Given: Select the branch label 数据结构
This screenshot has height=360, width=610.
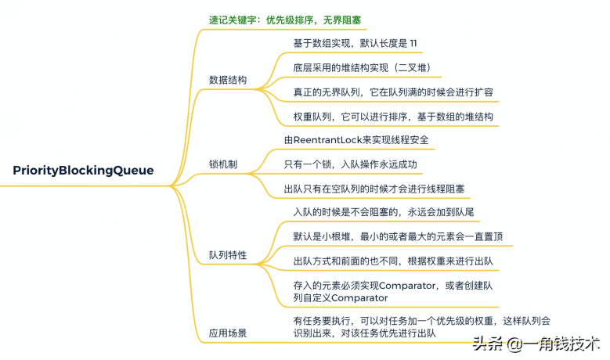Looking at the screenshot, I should [x=228, y=80].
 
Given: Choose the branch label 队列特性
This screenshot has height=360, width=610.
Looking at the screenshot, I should [x=228, y=255].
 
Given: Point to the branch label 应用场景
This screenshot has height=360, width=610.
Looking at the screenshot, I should [x=228, y=333].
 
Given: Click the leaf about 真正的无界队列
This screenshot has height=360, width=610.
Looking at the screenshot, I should [x=392, y=92].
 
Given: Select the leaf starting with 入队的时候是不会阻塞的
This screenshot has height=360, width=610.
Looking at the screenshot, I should [x=383, y=212].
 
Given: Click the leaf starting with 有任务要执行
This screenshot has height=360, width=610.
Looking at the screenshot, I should [x=421, y=327].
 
